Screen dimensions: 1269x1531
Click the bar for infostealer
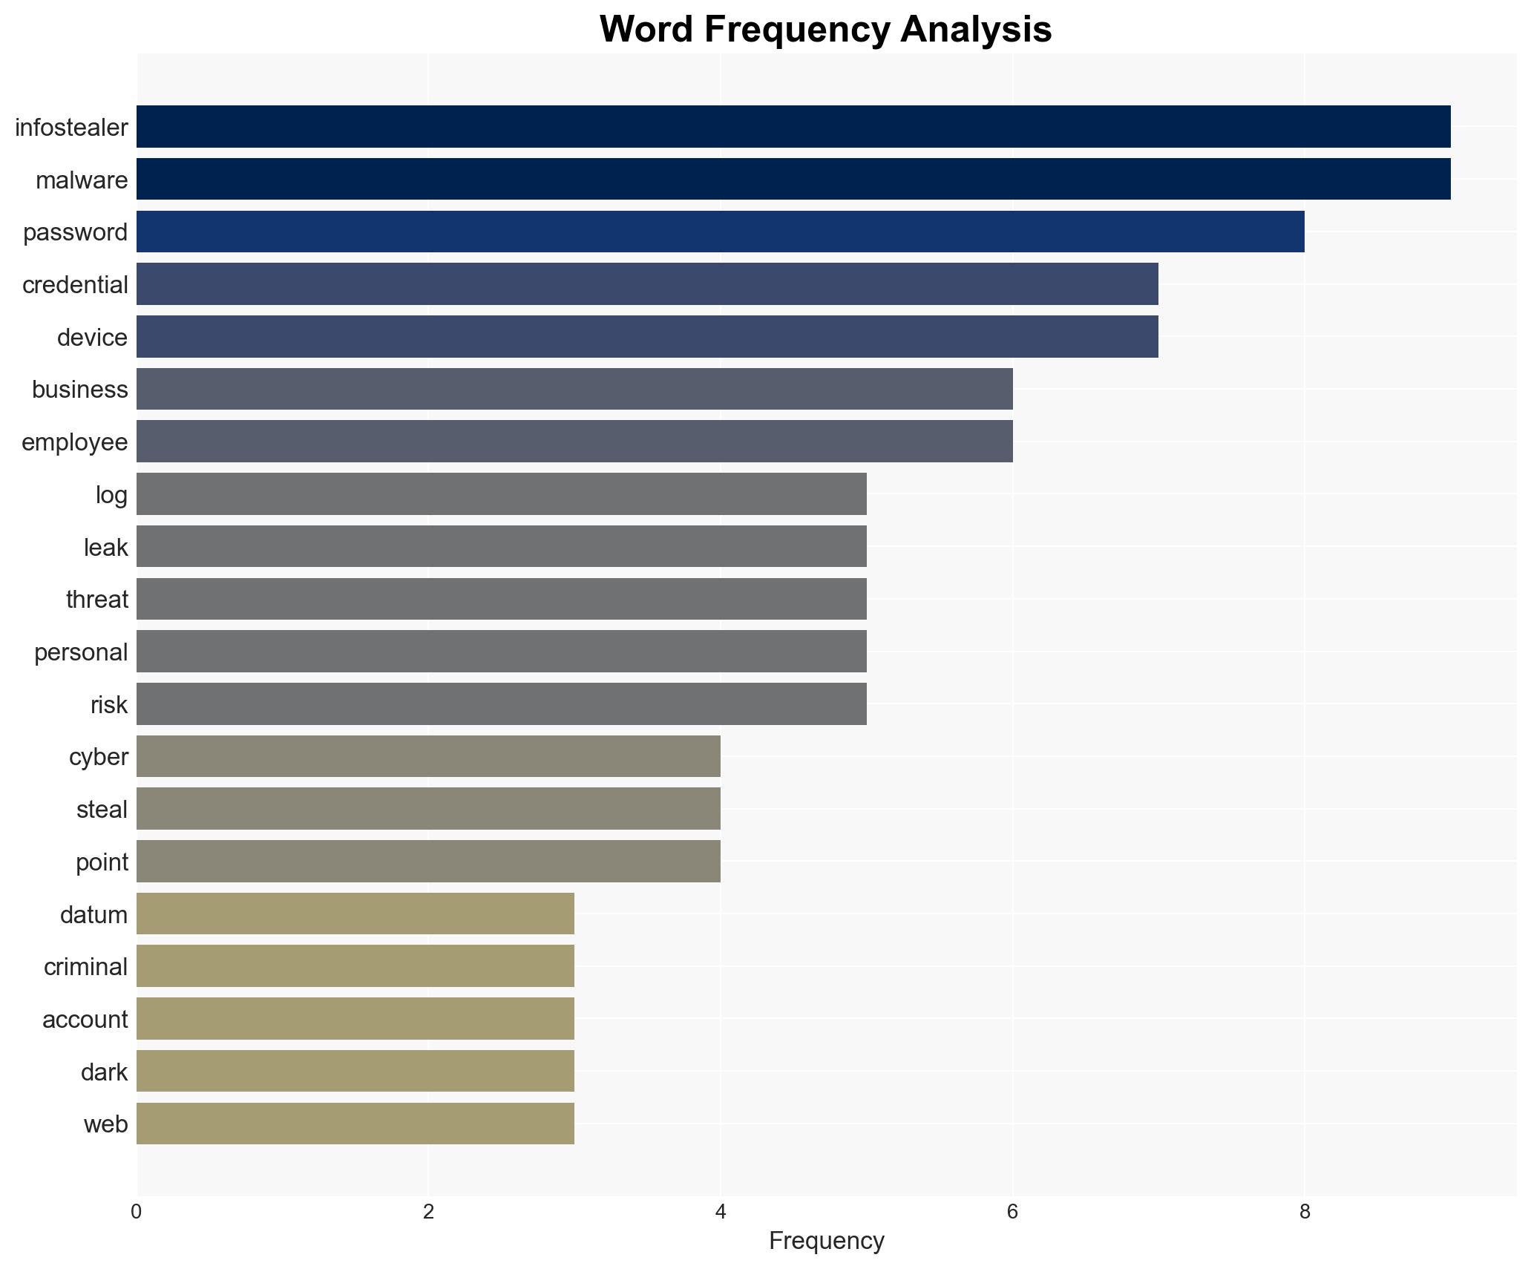[793, 127]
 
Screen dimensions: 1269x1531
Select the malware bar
[793, 180]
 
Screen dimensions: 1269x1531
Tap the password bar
[720, 232]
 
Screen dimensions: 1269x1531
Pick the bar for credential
[647, 284]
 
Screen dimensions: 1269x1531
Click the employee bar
[574, 442]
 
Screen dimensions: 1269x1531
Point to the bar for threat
[501, 599]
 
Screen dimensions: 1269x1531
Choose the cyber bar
[428, 756]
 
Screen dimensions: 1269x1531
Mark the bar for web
[355, 1124]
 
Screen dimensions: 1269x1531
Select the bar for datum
[355, 914]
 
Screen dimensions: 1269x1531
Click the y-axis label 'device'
[92, 338]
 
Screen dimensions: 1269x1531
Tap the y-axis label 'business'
[79, 390]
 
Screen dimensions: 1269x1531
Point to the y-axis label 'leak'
[105, 548]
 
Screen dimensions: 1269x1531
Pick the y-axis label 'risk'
[109, 705]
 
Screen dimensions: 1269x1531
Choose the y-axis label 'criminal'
[85, 967]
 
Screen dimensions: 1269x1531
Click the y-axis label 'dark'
[104, 1072]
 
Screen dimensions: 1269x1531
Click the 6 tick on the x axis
[1012, 1212]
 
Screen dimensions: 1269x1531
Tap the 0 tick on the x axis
[137, 1212]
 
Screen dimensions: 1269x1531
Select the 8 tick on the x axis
[1304, 1212]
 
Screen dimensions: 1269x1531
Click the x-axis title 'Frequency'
[826, 1241]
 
